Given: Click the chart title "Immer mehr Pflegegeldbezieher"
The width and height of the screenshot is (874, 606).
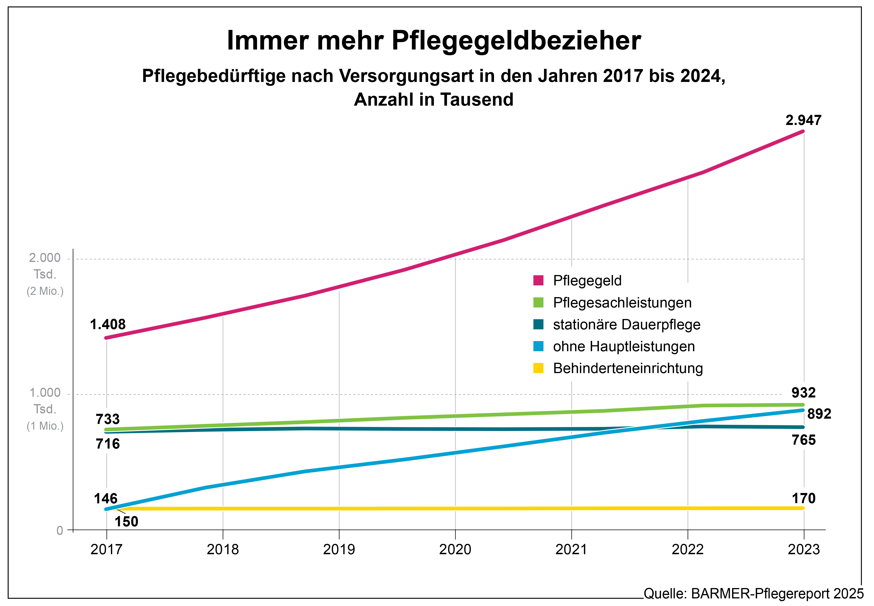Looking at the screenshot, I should (x=433, y=40).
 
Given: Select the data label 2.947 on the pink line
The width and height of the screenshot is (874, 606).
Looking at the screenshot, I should (x=803, y=120).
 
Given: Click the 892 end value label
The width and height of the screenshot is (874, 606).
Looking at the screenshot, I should (x=819, y=414).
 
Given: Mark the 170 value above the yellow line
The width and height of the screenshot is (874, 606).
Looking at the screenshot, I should (x=803, y=498).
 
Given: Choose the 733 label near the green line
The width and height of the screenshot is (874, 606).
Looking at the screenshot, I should (x=108, y=419).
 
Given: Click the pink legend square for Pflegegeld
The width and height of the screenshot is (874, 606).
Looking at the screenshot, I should (x=538, y=280).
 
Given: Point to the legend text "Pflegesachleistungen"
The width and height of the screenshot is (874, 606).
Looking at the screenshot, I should (x=622, y=303).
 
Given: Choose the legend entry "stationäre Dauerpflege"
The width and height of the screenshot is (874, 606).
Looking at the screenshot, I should (x=626, y=325).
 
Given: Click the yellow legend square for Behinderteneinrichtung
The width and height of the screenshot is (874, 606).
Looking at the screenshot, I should (x=538, y=368).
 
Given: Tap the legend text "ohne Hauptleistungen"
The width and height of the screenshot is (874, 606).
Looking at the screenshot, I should (x=624, y=346).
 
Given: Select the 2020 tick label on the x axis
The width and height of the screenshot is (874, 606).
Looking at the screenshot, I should (x=455, y=549).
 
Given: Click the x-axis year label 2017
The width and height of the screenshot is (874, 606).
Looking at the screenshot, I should (x=106, y=549).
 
